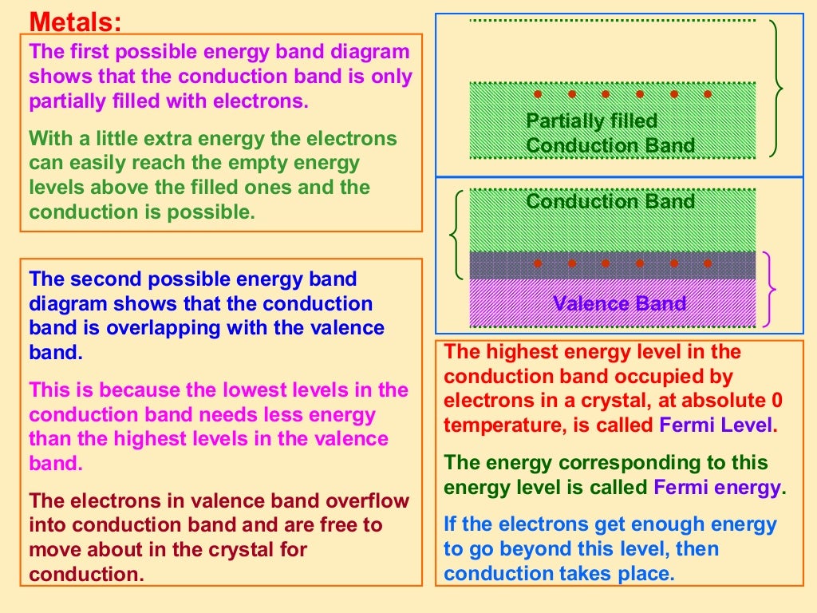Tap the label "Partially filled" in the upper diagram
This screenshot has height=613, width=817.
[591, 121]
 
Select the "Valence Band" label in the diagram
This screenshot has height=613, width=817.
[619, 304]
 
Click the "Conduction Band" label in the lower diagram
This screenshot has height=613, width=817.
[610, 201]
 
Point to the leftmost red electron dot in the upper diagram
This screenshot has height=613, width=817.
[538, 94]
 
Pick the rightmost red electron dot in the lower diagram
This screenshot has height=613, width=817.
[706, 263]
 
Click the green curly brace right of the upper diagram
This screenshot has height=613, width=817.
[776, 88]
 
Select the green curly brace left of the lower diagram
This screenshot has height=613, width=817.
[456, 234]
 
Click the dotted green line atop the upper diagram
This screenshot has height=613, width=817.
[612, 20]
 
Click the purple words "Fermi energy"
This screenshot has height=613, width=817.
[717, 488]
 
